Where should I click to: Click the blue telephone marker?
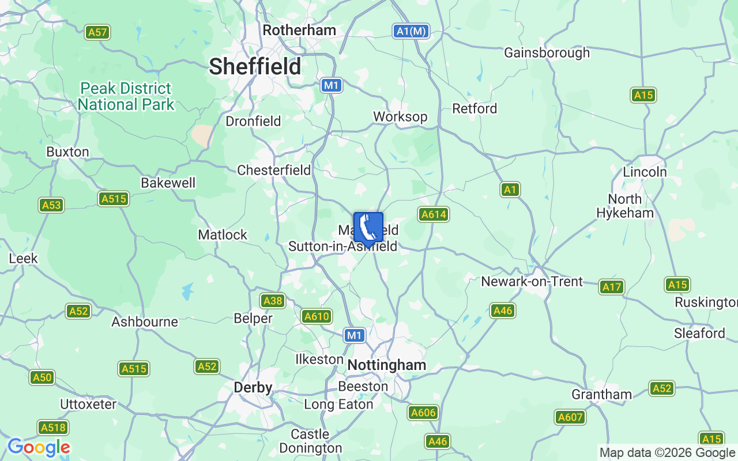pyautogui.click(x=368, y=228)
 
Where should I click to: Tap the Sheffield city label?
pyautogui.click(x=255, y=66)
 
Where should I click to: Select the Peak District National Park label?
pyautogui.click(x=126, y=96)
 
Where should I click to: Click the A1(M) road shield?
pyautogui.click(x=412, y=31)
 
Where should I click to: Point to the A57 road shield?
pyautogui.click(x=97, y=32)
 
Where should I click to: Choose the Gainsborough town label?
pyautogui.click(x=547, y=52)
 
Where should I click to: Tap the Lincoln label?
pyautogui.click(x=645, y=172)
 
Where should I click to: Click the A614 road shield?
pyautogui.click(x=434, y=215)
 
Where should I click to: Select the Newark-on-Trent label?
pyautogui.click(x=532, y=282)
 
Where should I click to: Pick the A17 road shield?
pyautogui.click(x=611, y=286)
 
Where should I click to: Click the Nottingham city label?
pyautogui.click(x=387, y=365)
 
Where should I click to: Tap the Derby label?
pyautogui.click(x=253, y=388)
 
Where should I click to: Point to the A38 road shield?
pyautogui.click(x=272, y=300)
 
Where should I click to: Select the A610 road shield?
pyautogui.click(x=317, y=316)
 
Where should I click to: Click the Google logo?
pyautogui.click(x=39, y=447)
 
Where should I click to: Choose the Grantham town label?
pyautogui.click(x=601, y=394)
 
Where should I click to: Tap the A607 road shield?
pyautogui.click(x=570, y=417)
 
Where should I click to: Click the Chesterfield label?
pyautogui.click(x=274, y=170)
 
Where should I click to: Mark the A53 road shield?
pyautogui.click(x=51, y=205)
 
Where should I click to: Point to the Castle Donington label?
pyautogui.click(x=310, y=441)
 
